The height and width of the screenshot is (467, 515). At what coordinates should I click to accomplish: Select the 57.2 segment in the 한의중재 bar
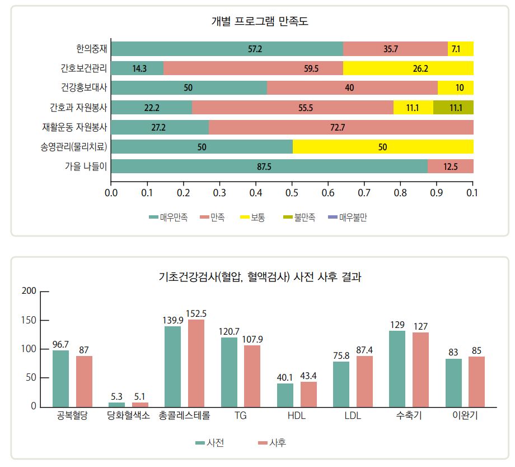point(227,49)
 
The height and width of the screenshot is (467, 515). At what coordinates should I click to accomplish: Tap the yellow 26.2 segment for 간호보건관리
point(408,68)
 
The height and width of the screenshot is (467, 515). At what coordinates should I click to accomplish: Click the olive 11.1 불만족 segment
point(453,108)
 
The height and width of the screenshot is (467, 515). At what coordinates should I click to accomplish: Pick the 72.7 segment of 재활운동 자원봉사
point(341,127)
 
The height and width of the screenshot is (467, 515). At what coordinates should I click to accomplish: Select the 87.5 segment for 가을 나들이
point(269,167)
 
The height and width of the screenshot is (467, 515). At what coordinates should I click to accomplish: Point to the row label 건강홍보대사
point(85,88)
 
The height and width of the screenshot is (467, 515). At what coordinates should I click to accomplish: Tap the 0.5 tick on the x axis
point(292,193)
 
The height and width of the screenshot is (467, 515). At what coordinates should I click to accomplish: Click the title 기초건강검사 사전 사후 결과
point(260,277)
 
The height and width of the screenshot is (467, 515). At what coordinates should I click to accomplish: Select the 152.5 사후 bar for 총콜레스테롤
point(196,363)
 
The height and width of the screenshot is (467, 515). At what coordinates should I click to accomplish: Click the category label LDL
point(352,416)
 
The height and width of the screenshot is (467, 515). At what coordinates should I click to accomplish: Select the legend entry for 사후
point(271,442)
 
